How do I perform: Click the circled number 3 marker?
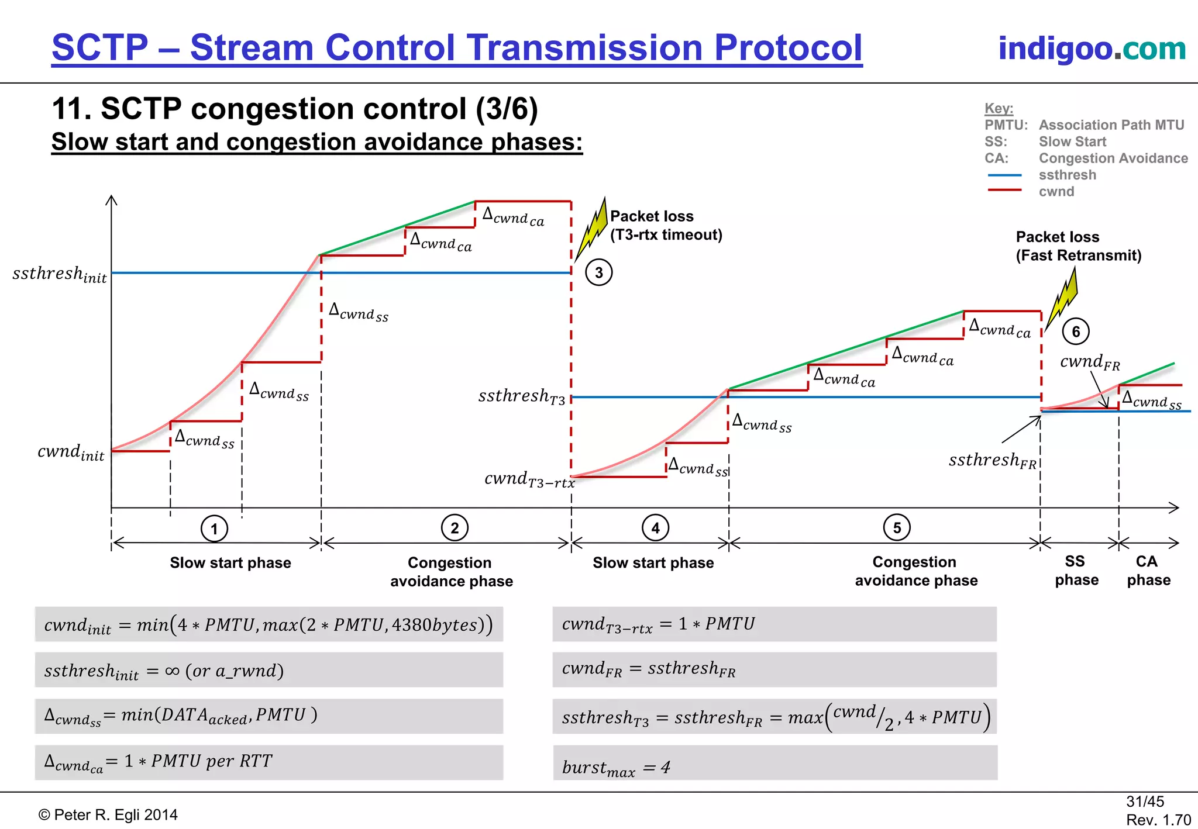598,272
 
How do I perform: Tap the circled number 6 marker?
1075,331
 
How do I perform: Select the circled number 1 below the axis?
214,529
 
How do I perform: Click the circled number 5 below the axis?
897,527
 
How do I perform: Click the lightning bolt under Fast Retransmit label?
1062,299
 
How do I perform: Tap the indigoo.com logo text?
1092,48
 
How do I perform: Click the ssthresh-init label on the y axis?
60,274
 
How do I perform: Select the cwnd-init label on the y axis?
71,452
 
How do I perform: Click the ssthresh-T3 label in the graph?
522,396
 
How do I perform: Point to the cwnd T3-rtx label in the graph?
529,479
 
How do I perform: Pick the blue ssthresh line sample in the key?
1004,175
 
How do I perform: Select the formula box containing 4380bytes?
269,624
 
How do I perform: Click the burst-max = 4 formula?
616,767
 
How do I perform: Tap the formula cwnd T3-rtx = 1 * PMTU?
658,624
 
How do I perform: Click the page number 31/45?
1145,802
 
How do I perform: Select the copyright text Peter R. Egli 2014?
108,814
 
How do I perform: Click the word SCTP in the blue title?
100,47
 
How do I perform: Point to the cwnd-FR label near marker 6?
1090,362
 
